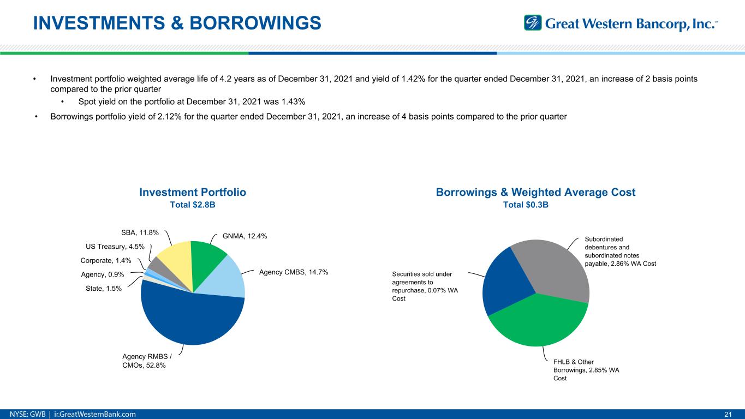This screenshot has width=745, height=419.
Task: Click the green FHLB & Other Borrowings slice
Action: coord(538,322)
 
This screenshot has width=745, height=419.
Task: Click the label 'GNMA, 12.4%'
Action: coord(245,236)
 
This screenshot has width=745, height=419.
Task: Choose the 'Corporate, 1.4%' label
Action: coord(105,261)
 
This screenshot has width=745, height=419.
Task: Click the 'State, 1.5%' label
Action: coord(104,288)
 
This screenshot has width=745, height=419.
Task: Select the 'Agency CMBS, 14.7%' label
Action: coord(293,272)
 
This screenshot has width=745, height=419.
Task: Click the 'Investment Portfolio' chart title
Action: coord(193,192)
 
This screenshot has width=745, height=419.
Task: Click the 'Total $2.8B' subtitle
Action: coord(193,205)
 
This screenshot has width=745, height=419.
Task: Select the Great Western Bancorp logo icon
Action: coord(532,23)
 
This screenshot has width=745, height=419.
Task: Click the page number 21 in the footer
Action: coord(727,414)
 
